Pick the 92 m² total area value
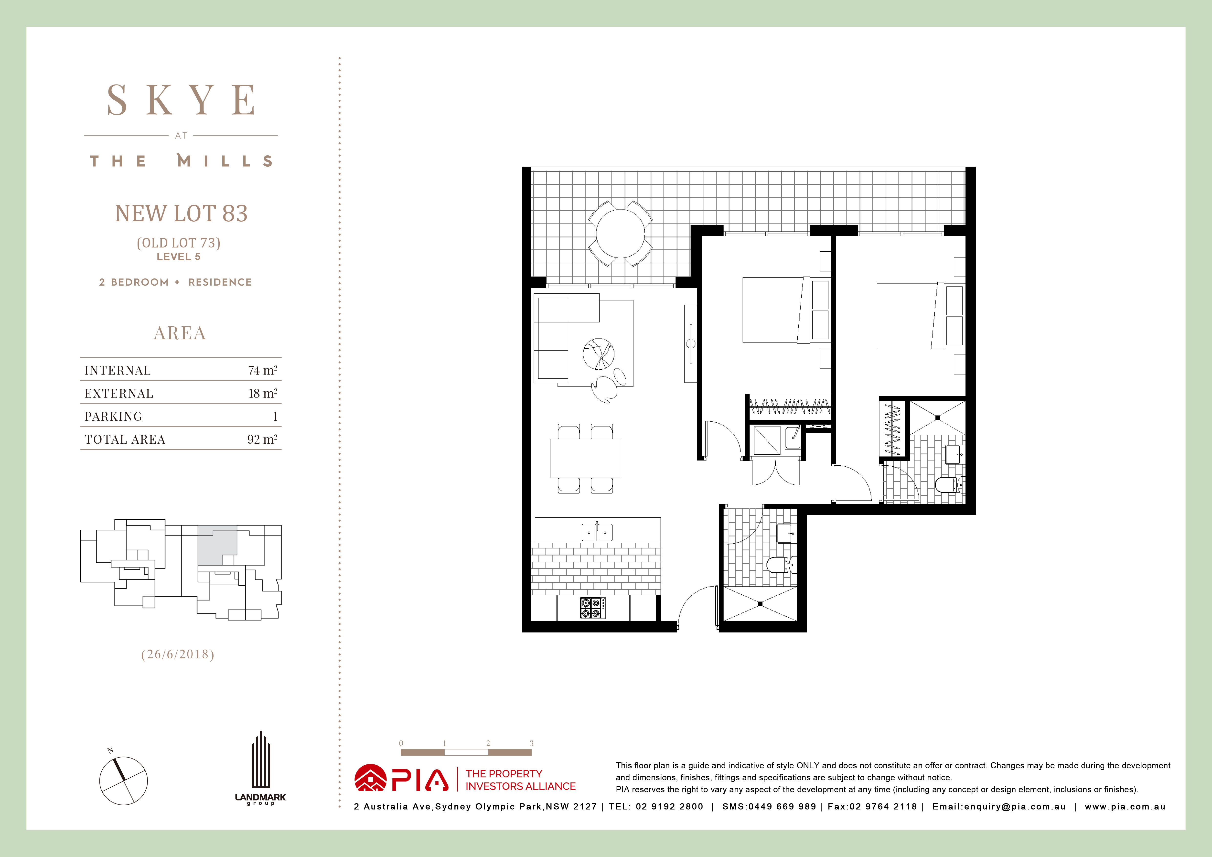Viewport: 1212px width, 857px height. (262, 439)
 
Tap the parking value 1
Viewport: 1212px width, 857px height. (275, 416)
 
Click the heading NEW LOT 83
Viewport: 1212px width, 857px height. (181, 213)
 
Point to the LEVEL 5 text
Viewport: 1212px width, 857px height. (178, 257)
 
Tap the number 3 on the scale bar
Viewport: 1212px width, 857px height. (531, 743)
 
